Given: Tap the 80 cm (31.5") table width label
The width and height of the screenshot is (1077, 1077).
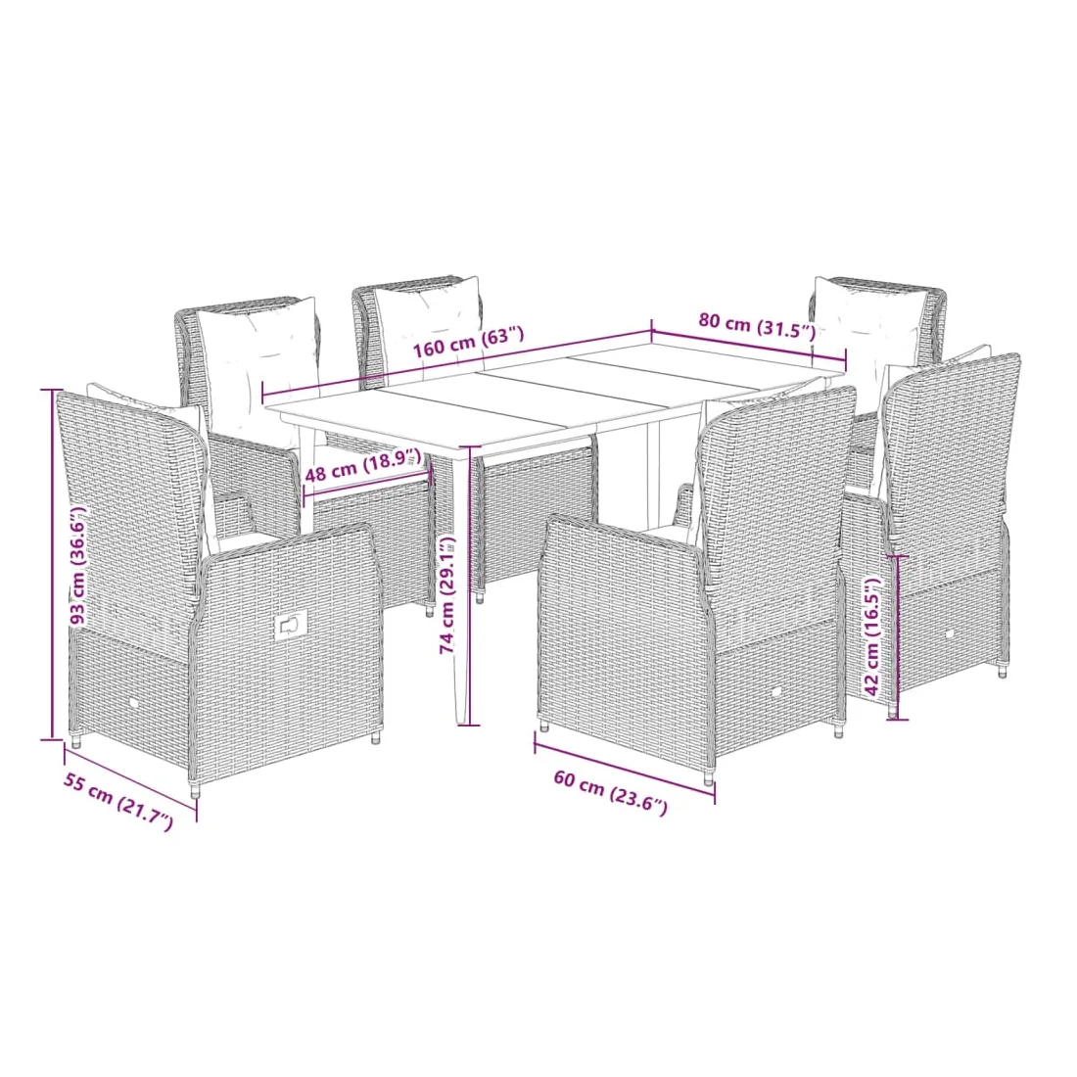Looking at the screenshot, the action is (757, 326).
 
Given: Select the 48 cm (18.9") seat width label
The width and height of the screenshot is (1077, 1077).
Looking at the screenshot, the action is (362, 466).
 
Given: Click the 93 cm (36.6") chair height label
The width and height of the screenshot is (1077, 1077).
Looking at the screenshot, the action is (79, 566).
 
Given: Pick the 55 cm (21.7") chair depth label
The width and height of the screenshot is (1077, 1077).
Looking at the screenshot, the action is (118, 801).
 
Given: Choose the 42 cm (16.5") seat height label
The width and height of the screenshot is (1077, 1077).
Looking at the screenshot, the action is (871, 635).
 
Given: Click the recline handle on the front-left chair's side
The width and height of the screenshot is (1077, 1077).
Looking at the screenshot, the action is (289, 626).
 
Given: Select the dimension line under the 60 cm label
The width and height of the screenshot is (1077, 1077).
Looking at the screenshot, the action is (625, 769).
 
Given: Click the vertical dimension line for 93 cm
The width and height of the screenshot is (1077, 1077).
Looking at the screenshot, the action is (52, 565).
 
